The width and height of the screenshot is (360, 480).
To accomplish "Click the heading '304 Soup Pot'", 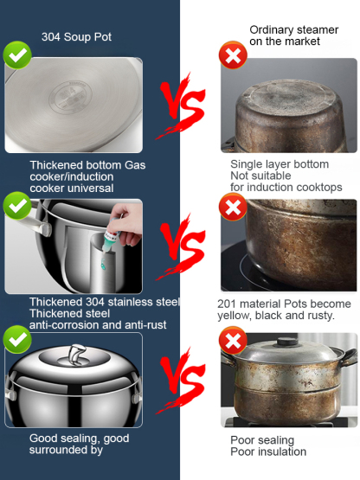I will pos(77,36).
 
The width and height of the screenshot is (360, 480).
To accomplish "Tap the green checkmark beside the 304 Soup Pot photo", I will pos(17,55).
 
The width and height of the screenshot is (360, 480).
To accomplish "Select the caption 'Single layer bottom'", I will pos(280,164).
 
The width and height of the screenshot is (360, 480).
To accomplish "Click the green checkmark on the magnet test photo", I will pos(17,206).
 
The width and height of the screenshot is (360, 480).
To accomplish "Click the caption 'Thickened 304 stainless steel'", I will pos(104,302).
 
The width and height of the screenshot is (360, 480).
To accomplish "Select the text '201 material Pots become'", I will pos(284,304).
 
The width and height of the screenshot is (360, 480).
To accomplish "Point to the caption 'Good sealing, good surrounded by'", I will pos(79,444).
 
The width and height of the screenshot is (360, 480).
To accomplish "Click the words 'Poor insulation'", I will pos(268,451).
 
